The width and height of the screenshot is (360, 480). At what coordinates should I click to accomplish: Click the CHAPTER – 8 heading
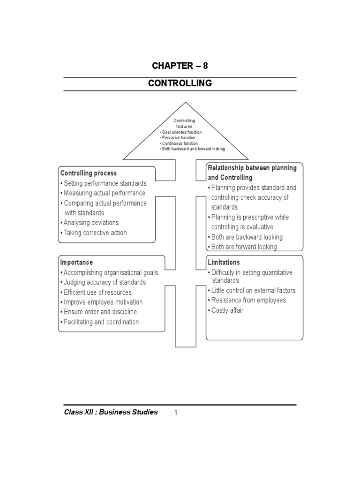pyautogui.click(x=180, y=66)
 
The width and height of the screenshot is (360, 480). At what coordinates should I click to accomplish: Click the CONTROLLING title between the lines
pyautogui.click(x=180, y=83)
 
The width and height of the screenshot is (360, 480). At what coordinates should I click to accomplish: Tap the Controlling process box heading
pyautogui.click(x=88, y=173)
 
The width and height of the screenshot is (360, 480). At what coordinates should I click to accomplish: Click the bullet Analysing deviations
pyautogui.click(x=91, y=223)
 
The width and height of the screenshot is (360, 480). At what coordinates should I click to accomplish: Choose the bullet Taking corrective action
pyautogui.click(x=95, y=233)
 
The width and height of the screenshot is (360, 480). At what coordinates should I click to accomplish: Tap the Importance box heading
pyautogui.click(x=76, y=262)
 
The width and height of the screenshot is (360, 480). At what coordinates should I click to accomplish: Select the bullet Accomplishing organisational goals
pyautogui.click(x=111, y=272)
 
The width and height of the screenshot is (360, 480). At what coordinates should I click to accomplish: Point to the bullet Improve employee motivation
pyautogui.click(x=103, y=302)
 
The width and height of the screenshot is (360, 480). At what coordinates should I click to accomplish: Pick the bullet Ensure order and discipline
pyautogui.click(x=100, y=312)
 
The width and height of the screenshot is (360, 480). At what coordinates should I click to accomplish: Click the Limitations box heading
pyautogui.click(x=224, y=262)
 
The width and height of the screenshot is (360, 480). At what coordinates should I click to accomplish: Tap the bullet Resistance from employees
pyautogui.click(x=248, y=300)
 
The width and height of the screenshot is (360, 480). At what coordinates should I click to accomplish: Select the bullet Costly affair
pyautogui.click(x=227, y=310)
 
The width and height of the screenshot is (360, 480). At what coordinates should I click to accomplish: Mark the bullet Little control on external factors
pyautogui.click(x=253, y=291)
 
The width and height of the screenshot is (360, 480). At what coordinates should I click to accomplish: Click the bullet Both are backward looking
pyautogui.click(x=247, y=237)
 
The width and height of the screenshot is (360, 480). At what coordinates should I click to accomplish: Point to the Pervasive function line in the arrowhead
pyautogui.click(x=178, y=138)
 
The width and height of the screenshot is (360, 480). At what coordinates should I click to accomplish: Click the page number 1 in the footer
pyautogui.click(x=176, y=413)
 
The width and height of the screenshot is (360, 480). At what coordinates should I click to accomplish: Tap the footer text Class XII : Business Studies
pyautogui.click(x=111, y=412)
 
